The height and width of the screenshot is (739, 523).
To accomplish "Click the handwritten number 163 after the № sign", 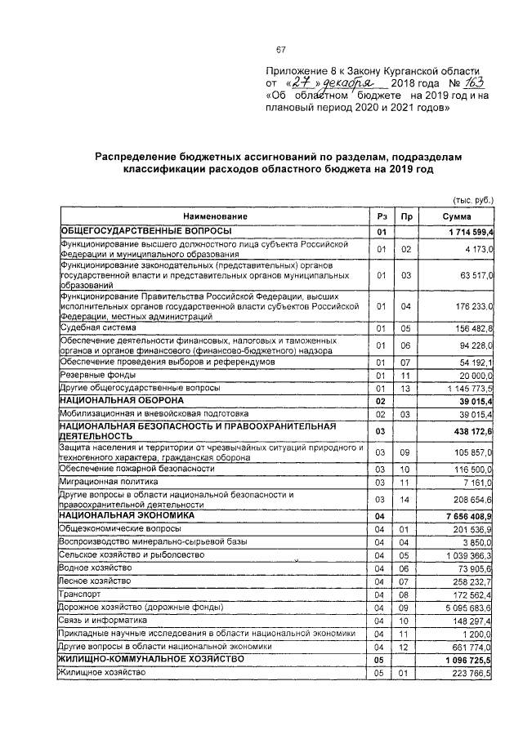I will click(x=474, y=83).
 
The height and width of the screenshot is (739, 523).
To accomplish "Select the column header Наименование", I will click(x=214, y=217).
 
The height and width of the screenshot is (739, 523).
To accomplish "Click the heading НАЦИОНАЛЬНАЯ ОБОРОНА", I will click(x=121, y=401).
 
